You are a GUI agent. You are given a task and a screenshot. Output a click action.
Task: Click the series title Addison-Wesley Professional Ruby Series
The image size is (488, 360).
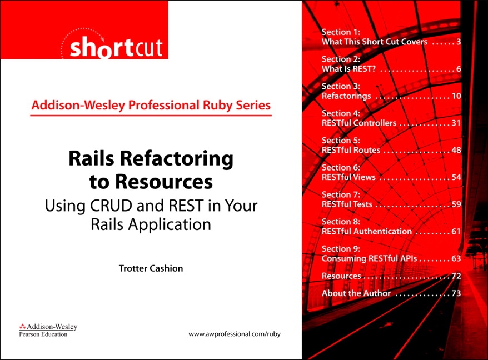[x=151, y=105]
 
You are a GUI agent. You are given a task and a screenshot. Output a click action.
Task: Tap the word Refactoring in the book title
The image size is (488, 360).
[x=176, y=159]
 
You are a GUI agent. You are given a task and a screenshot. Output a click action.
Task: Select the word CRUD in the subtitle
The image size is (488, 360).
[x=111, y=206]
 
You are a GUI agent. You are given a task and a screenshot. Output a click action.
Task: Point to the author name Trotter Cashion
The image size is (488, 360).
[x=151, y=268]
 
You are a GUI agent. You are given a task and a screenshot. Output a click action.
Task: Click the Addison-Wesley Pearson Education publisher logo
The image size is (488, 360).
[x=48, y=330]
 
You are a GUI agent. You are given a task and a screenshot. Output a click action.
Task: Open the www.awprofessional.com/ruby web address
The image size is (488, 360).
[x=235, y=334]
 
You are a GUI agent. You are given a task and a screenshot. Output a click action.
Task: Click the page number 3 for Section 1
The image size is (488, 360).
[x=459, y=42]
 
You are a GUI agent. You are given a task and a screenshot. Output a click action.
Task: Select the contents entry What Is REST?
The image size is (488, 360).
[x=348, y=69]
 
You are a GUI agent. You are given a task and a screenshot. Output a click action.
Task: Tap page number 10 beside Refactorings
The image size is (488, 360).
[x=456, y=96]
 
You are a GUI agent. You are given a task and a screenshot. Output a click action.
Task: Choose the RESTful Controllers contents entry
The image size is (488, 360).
[x=359, y=123]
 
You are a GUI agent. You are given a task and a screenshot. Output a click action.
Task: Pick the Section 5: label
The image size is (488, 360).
[x=341, y=141]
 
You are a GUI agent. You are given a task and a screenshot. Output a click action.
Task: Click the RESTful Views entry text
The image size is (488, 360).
[x=348, y=177]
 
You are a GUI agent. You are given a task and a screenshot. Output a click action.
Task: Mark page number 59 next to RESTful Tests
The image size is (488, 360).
[x=456, y=204]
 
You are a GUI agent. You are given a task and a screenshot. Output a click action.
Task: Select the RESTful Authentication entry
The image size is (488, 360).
[x=367, y=231]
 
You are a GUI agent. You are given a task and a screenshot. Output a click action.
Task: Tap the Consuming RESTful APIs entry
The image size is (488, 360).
[x=370, y=258]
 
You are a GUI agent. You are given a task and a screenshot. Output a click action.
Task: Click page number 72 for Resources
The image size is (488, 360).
[x=456, y=276]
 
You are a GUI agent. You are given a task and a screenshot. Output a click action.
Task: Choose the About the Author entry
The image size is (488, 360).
[x=356, y=293]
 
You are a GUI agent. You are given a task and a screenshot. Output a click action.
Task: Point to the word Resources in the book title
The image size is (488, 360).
[x=164, y=182]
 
